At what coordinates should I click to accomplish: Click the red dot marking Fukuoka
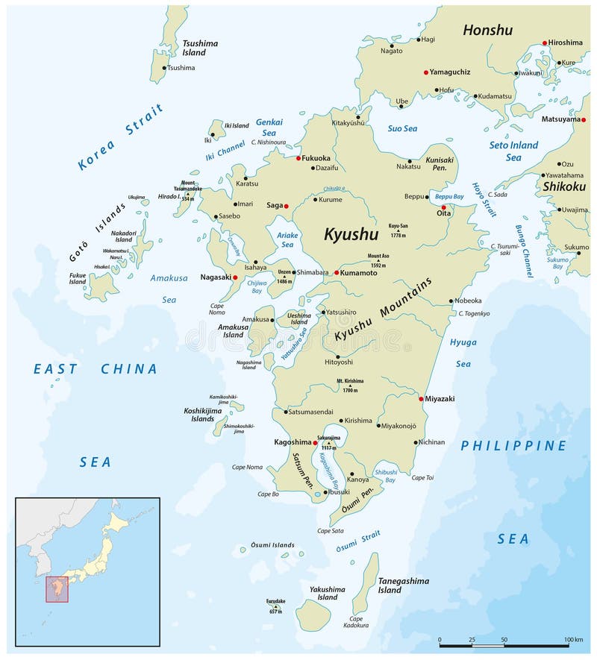[298, 158]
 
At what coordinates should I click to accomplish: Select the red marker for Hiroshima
[545, 43]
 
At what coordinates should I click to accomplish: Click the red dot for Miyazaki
[422, 399]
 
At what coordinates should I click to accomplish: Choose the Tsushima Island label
[200, 48]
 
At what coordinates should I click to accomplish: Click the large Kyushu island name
[351, 234]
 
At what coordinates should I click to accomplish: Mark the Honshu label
[487, 30]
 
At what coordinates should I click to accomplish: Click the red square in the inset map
[57, 588]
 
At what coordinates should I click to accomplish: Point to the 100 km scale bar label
[574, 640]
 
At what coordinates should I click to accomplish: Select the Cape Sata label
[330, 531]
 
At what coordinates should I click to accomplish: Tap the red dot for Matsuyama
[584, 119]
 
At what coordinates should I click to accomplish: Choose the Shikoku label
[566, 186]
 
